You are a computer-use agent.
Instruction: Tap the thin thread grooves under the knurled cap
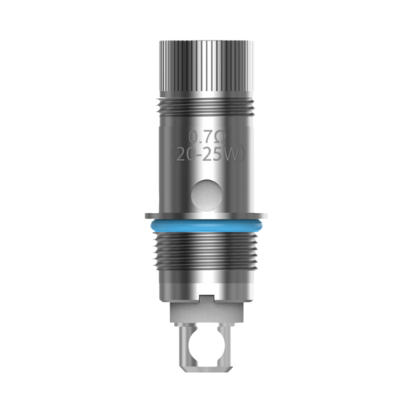205,107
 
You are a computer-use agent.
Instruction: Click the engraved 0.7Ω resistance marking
206,135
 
